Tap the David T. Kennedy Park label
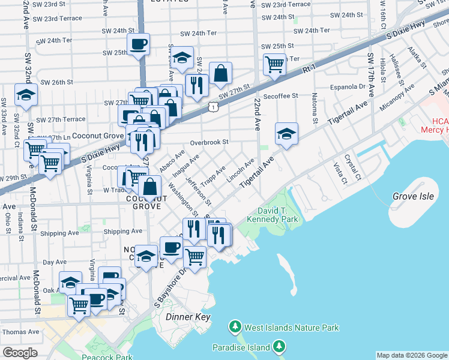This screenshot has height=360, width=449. click(x=277, y=215)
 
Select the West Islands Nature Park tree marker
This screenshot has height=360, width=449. click(x=235, y=328)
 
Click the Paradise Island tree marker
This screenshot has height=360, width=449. click(x=279, y=346)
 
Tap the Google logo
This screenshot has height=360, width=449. click(x=20, y=353)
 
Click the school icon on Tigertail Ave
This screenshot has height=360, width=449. click(x=287, y=133)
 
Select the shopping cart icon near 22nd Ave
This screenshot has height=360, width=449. click(x=274, y=63)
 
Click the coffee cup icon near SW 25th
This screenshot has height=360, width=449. click(x=139, y=44)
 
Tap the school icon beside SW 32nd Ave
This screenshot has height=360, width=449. click(x=26, y=95)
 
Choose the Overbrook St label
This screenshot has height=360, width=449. click(x=209, y=143)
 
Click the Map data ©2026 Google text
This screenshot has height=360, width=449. click(x=411, y=355)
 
